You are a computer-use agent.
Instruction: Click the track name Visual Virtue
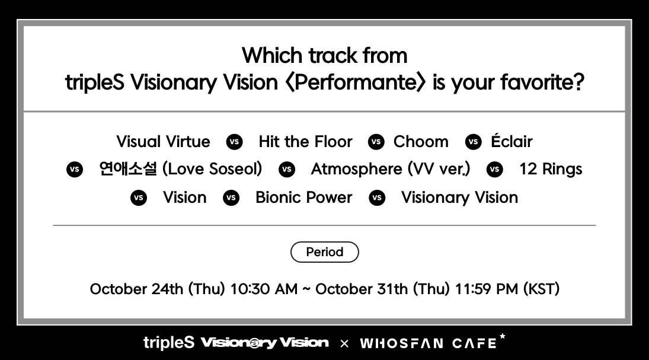pyautogui.click(x=163, y=142)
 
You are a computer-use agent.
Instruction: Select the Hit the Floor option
pyautogui.click(x=305, y=142)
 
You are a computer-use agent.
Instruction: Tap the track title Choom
pyautogui.click(x=421, y=142)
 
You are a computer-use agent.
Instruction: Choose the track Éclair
pyautogui.click(x=511, y=141)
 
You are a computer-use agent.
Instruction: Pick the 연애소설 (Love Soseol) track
pyautogui.click(x=180, y=169)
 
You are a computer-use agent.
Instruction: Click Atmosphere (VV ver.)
pyautogui.click(x=391, y=169)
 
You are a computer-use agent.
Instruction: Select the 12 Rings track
pyautogui.click(x=551, y=170)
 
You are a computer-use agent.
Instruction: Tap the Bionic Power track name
pyautogui.click(x=304, y=197)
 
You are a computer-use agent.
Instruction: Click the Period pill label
pyautogui.click(x=325, y=252)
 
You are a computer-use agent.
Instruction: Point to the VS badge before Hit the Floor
pyautogui.click(x=234, y=142)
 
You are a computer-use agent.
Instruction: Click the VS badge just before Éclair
pyautogui.click(x=473, y=142)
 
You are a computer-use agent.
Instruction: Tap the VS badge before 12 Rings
pyautogui.click(x=495, y=170)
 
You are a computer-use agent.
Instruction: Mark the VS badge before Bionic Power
pyautogui.click(x=231, y=197)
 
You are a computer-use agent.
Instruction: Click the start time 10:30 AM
pyautogui.click(x=264, y=289)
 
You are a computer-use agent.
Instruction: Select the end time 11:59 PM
pyautogui.click(x=487, y=289)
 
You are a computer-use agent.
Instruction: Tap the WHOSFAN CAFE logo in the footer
pyautogui.click(x=433, y=342)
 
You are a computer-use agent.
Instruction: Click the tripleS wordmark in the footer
pyautogui.click(x=169, y=343)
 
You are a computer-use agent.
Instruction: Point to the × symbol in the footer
pyautogui.click(x=344, y=343)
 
